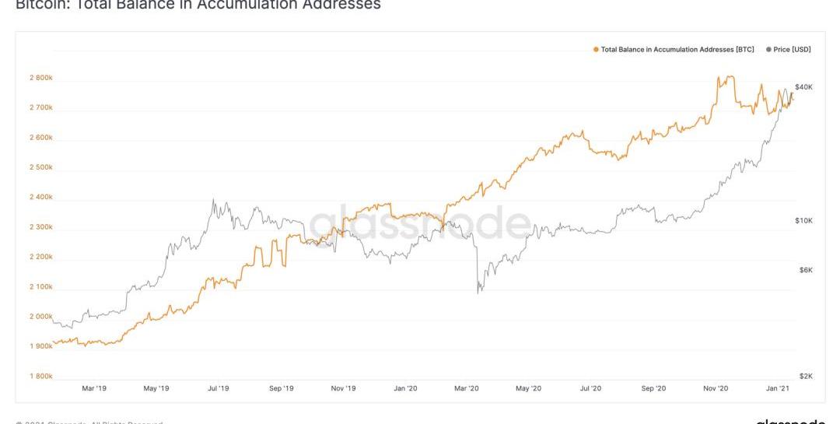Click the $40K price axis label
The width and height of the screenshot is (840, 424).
coord(803,87)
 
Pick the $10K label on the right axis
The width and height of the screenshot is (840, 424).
coord(803,221)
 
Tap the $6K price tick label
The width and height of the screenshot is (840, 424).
coord(805,270)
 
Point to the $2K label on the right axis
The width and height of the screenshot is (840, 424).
coord(805,376)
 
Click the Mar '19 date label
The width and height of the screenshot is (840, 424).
coord(94,388)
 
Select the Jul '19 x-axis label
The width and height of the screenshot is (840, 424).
coord(219,388)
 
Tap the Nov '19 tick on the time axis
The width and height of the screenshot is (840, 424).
coord(343,388)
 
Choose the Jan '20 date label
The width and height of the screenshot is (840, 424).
coord(405,388)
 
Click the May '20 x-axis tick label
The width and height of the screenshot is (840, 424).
coord(529,388)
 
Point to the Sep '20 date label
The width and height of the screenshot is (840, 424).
coord(653,388)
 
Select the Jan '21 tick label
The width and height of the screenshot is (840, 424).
coord(778,388)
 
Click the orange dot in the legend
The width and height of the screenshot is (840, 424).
coord(596,49)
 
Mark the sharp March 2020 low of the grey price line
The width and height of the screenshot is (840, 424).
coord(478,293)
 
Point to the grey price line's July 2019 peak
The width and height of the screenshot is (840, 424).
coord(212,200)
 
